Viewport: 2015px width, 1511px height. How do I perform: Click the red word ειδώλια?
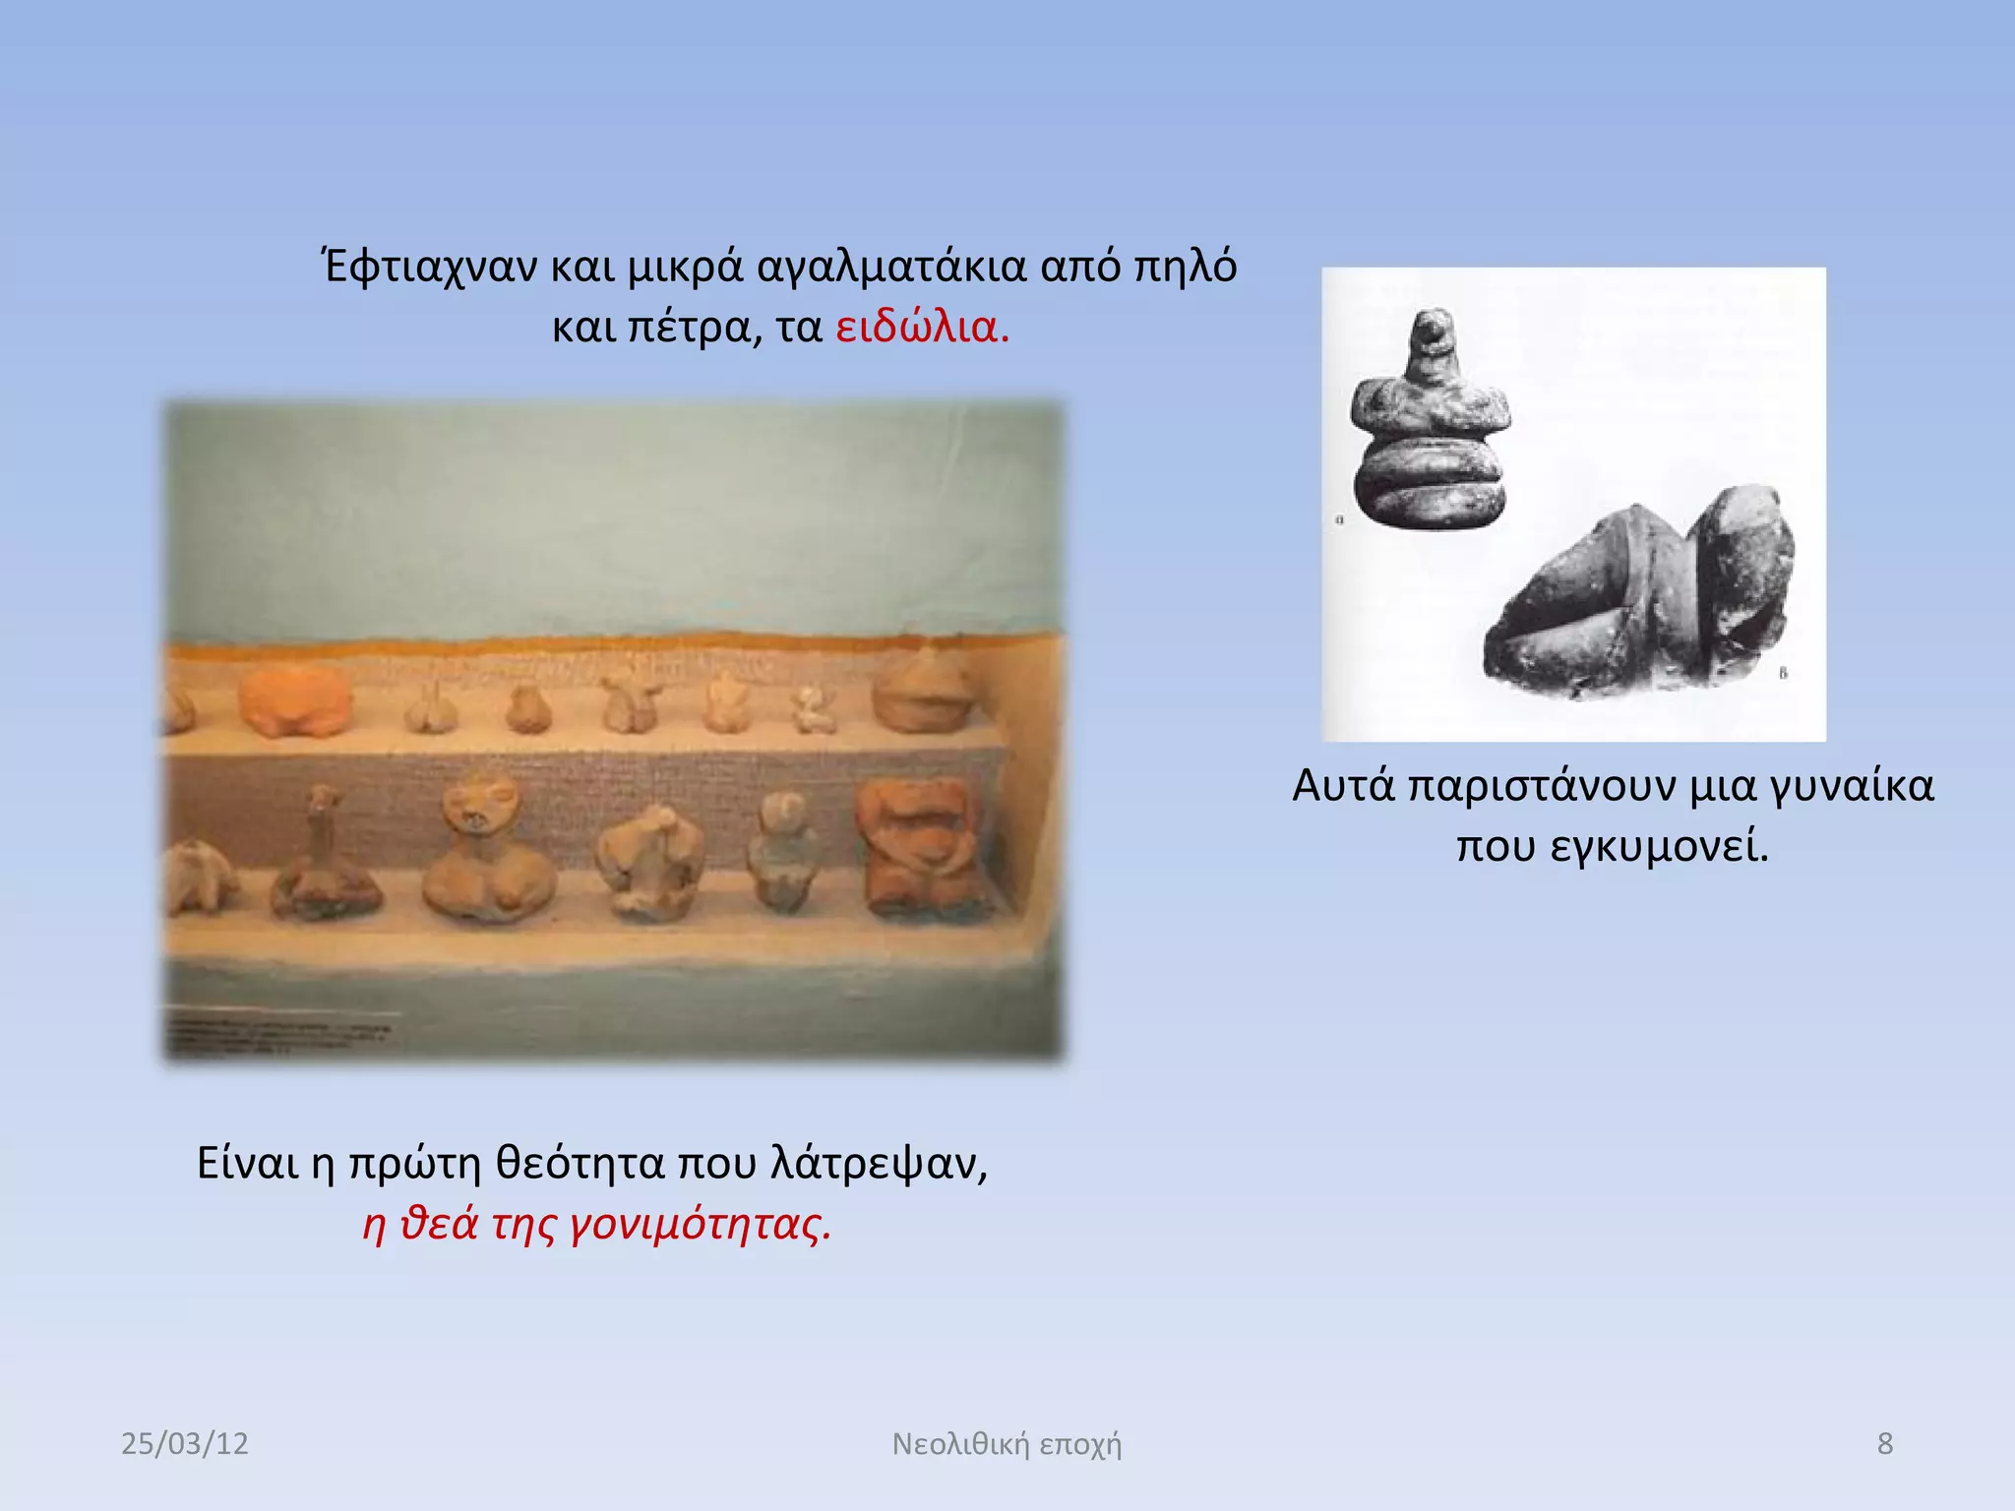point(921,327)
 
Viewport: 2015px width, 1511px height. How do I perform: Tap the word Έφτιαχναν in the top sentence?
point(430,267)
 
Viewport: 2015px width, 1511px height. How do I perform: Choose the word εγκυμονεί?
point(1659,846)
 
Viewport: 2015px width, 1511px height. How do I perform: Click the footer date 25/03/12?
point(185,1443)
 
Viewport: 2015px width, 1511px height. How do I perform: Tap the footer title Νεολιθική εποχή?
point(1007,1443)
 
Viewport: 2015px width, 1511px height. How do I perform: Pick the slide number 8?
point(1884,1443)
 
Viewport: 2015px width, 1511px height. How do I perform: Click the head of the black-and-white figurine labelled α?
point(1431,334)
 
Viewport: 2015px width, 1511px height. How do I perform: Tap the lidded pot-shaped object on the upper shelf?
point(921,694)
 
